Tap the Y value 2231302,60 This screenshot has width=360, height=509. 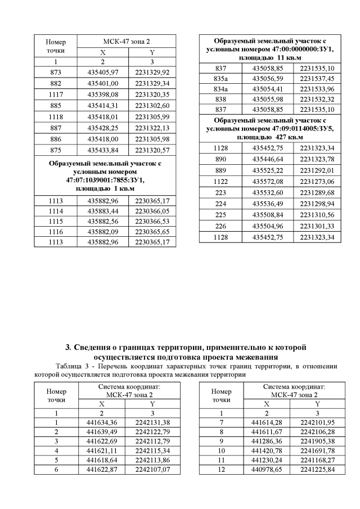[152, 105]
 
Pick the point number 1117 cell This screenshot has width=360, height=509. [56, 94]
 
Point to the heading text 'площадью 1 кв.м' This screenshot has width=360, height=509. [105, 189]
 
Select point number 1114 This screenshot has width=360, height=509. [56, 210]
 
